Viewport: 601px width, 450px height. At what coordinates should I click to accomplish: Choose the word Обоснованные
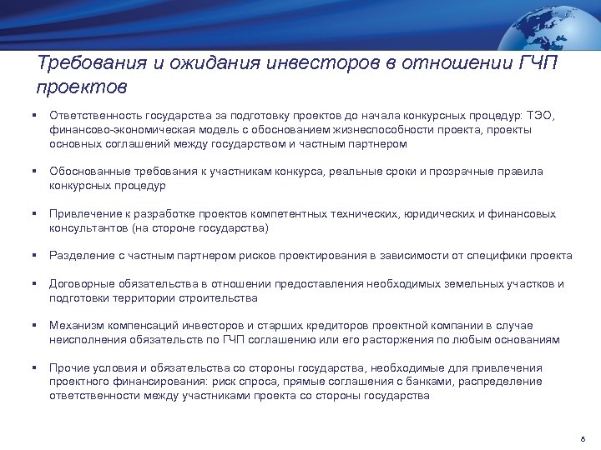pos(88,172)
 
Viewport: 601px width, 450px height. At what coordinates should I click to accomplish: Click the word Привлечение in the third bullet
pos(83,214)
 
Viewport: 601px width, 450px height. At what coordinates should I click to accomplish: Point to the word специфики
pos(503,256)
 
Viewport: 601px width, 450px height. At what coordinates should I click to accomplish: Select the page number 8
pos(582,438)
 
